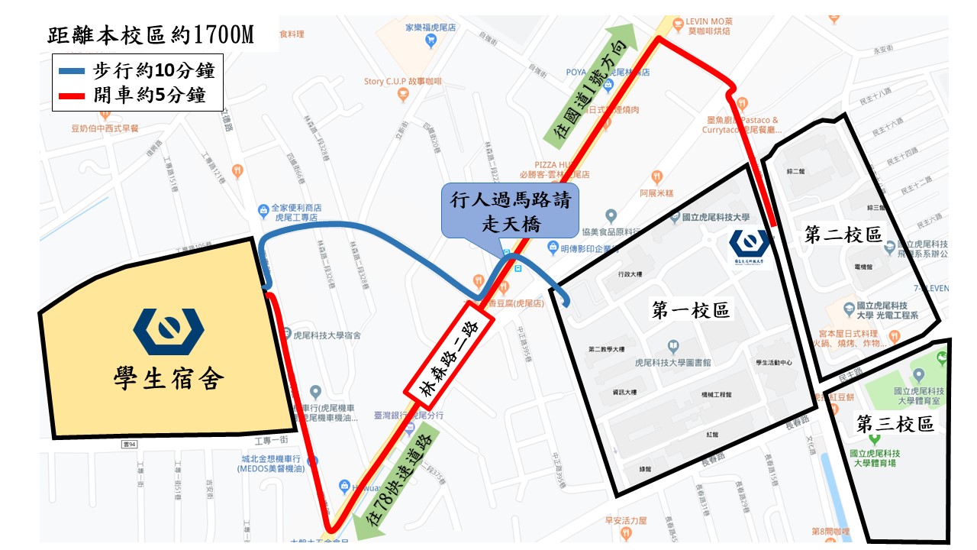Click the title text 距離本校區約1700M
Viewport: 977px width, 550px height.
tap(150, 35)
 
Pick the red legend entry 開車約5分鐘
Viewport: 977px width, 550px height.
tap(135, 96)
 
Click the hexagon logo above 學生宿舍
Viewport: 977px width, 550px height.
tap(169, 326)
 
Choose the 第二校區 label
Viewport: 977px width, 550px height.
tap(843, 235)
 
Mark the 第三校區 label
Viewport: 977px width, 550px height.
tap(895, 424)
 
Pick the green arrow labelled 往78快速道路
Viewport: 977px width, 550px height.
tap(397, 482)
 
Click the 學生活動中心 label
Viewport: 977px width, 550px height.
tap(773, 362)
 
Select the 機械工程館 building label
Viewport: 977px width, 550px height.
tap(716, 395)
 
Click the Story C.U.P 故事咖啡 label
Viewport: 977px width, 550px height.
tap(403, 81)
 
